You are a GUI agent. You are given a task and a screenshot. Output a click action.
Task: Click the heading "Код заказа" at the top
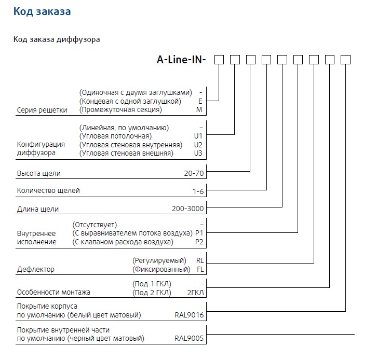(42, 11)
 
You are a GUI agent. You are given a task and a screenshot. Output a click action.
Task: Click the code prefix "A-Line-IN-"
(181, 60)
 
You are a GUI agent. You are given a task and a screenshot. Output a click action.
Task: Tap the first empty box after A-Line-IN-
(219, 60)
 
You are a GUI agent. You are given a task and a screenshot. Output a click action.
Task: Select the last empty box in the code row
(345, 60)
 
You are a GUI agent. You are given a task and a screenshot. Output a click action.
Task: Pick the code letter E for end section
(200, 101)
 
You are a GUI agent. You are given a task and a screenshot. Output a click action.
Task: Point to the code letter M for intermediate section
(200, 110)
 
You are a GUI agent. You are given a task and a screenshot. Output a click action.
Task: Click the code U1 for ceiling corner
(198, 136)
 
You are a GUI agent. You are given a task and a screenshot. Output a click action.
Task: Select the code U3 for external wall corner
(198, 154)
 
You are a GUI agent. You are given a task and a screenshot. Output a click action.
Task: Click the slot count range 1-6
(198, 191)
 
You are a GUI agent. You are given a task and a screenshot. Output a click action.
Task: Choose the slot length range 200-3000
(188, 210)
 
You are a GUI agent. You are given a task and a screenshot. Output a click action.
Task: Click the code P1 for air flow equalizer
(199, 233)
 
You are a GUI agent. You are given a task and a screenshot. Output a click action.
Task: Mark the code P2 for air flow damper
(199, 242)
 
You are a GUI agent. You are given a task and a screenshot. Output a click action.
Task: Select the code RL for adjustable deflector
(200, 260)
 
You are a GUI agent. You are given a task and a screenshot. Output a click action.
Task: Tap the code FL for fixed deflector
(200, 270)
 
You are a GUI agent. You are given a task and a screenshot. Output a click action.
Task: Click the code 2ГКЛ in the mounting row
(195, 293)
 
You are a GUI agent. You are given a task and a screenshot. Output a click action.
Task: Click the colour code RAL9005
(190, 339)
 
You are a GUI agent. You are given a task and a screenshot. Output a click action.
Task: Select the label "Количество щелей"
(49, 191)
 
